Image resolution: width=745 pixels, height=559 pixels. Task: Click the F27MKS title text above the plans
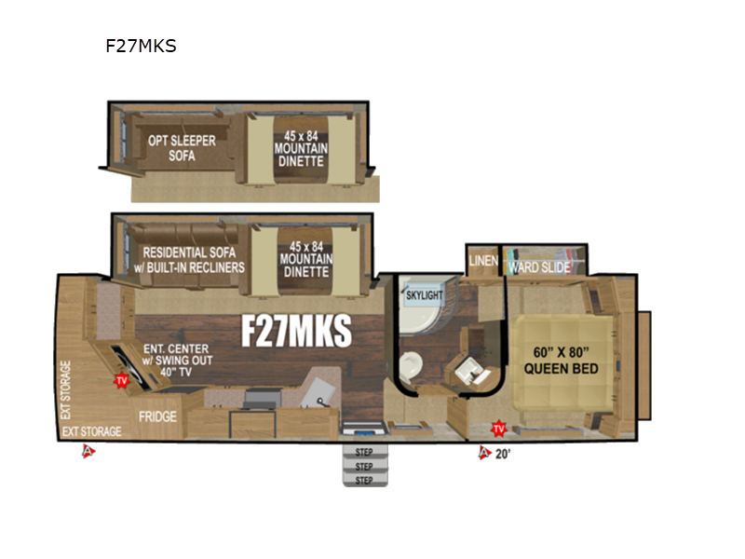[x=141, y=45]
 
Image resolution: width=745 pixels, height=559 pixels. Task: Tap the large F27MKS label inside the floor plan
[x=296, y=330]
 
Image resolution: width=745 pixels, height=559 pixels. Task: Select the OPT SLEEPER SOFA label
[x=181, y=148]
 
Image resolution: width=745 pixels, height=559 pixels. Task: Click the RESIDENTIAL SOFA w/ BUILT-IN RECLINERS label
[x=193, y=259]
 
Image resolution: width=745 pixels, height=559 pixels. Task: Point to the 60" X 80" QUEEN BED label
[x=561, y=361]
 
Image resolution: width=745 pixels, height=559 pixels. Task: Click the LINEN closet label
[x=483, y=261]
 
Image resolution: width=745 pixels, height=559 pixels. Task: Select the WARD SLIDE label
[x=538, y=267]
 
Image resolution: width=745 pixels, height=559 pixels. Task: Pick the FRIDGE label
[x=157, y=416]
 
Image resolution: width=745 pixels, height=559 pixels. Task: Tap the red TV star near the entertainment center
[x=120, y=380]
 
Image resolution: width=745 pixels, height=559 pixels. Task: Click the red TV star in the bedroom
[x=498, y=429]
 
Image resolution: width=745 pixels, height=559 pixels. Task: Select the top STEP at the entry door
[x=364, y=453]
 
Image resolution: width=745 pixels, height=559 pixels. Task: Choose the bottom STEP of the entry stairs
[x=364, y=479]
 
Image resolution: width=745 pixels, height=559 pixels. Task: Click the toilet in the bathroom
[x=411, y=363]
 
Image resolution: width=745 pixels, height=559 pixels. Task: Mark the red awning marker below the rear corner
[x=88, y=452]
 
